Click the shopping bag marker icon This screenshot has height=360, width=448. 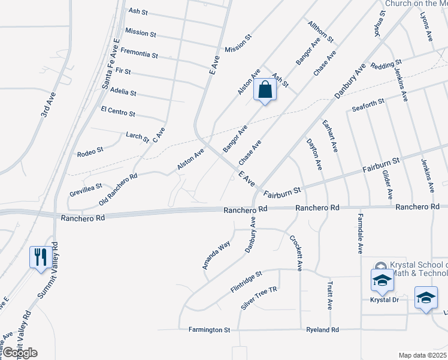tap(265, 91)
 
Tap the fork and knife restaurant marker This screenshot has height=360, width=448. tap(40, 257)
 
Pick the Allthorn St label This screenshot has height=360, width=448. tap(320, 32)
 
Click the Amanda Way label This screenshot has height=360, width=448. tap(216, 254)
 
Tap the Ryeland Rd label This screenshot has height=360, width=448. tap(322, 330)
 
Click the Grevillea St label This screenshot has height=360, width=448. tap(86, 191)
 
